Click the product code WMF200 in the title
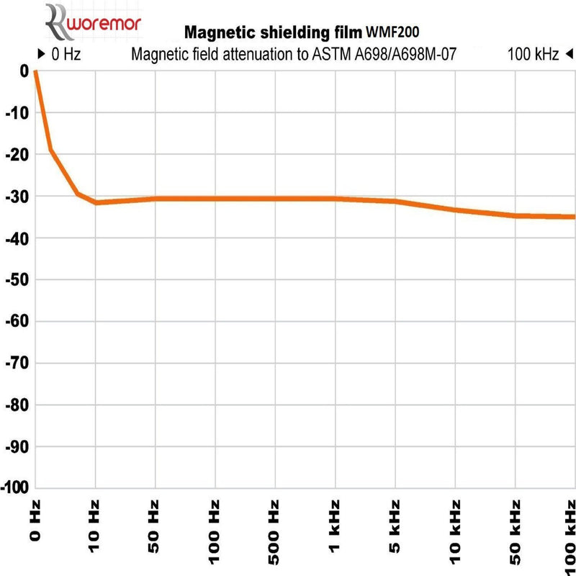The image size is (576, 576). click(x=392, y=32)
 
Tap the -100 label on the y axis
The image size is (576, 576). click(x=14, y=488)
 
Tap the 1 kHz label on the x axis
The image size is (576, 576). click(x=336, y=526)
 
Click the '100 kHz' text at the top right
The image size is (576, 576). click(x=533, y=54)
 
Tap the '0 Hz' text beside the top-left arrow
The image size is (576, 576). click(x=66, y=54)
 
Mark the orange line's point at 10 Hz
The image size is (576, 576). click(x=96, y=202)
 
